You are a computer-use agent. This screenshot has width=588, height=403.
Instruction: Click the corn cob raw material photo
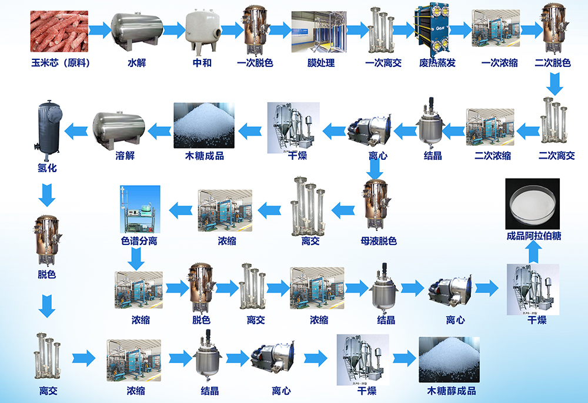coord(59,31)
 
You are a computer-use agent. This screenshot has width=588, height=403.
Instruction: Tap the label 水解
coord(137,62)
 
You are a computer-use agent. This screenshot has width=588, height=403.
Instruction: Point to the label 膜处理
coord(321,62)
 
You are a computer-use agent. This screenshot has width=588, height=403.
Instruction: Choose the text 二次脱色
coord(553,62)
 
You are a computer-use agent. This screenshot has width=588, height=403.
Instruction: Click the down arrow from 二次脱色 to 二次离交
coord(554,83)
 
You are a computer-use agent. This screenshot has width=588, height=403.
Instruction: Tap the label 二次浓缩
coord(493,156)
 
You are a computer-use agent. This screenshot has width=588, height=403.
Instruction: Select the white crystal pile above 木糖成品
coord(204,126)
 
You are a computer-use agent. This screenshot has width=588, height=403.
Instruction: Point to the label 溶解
coord(125,156)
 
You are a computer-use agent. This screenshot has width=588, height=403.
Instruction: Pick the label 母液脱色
coord(379,241)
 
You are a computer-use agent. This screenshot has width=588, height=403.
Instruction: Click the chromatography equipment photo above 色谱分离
coord(140,209)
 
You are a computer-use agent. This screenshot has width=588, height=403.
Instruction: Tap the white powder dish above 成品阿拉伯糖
coord(533,204)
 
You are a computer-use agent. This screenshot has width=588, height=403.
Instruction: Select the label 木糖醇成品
coord(452,391)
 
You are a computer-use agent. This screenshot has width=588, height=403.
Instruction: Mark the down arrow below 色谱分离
coord(136,259)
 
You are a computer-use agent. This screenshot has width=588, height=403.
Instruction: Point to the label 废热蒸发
coord(437,62)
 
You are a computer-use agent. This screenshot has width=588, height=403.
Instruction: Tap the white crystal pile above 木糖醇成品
coord(449,359)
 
